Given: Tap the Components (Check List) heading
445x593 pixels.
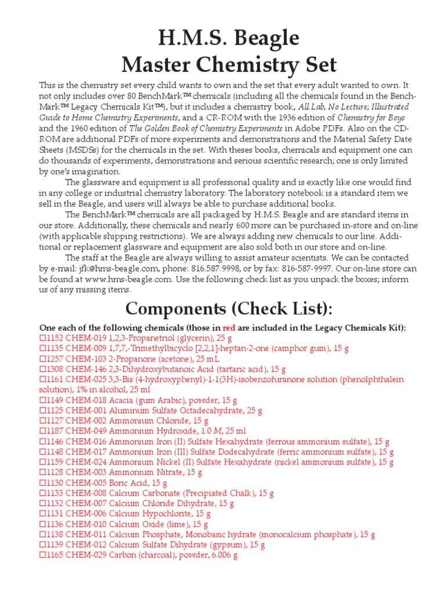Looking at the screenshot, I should [228, 308].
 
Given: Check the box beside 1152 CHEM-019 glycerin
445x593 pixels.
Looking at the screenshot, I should [42, 338].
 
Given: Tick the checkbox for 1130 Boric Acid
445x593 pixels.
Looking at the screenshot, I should [42, 483].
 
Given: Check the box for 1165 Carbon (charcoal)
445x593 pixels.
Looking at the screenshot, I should [42, 555].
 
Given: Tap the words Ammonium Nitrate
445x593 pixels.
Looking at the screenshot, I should [143, 473].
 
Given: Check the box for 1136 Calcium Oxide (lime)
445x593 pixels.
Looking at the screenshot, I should [42, 524].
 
